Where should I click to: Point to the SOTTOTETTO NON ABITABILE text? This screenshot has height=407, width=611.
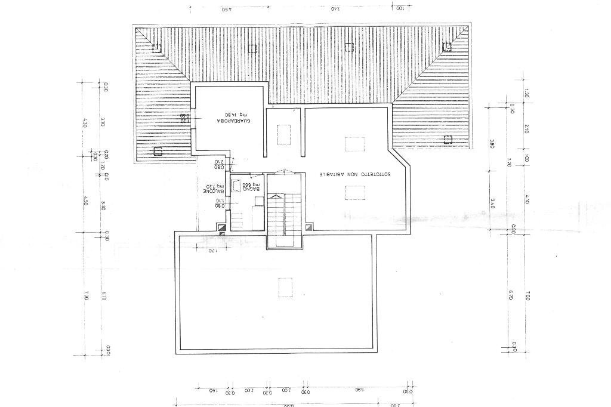coord(355,174)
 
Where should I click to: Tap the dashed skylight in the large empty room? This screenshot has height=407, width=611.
coord(285,287)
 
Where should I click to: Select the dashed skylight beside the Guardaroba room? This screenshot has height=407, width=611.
coord(284,134)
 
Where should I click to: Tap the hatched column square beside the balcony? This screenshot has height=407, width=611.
coord(221,227)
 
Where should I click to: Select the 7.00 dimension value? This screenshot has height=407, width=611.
coord(527,295)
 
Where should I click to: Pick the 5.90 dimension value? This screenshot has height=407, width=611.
coord(359,390)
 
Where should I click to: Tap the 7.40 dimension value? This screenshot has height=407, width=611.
coord(335,9)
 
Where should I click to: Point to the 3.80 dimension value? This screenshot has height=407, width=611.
coord(492,144)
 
